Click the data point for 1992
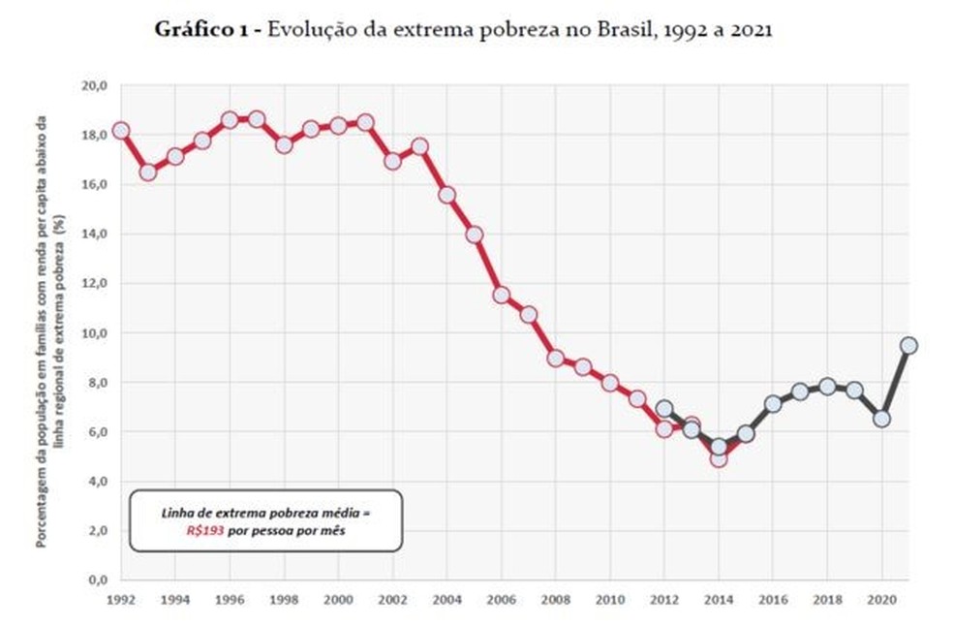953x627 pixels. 120,131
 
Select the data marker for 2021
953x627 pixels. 907,345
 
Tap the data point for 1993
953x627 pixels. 148,172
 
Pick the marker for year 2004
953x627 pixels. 446,195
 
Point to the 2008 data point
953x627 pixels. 556,358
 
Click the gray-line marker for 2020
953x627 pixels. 880,419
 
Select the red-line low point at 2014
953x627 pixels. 718,458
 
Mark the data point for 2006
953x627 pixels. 501,295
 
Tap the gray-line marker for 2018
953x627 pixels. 826,386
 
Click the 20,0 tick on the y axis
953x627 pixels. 95,85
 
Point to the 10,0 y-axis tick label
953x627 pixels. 95,332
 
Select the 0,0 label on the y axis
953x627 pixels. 98,580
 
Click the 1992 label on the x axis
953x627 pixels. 120,600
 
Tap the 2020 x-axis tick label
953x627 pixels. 880,600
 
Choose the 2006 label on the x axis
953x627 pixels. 501,600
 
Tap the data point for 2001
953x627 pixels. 365,122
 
